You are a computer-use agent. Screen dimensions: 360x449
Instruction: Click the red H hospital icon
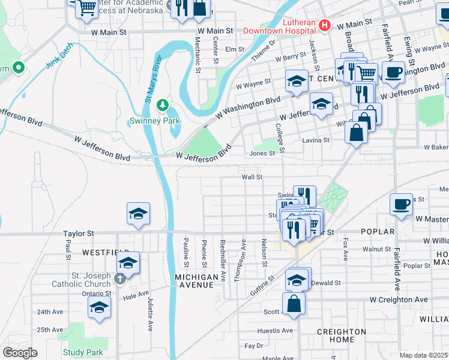pyautogui.click(x=325, y=25)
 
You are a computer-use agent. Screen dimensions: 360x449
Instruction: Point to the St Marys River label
pyautogui.click(x=154, y=79)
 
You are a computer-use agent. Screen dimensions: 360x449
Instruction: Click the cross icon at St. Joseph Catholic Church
pyautogui.click(x=120, y=278)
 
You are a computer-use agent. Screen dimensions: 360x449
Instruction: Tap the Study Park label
pyautogui.click(x=83, y=353)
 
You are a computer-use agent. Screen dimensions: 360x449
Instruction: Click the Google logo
pyautogui.click(x=20, y=353)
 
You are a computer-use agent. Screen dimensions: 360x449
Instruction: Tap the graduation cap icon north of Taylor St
pyautogui.click(x=138, y=214)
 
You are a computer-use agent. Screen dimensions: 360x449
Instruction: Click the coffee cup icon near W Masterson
pyautogui.click(x=402, y=205)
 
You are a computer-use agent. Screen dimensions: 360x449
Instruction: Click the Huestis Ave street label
pyautogui.click(x=274, y=331)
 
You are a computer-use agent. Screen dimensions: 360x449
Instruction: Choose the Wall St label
pyautogui.click(x=252, y=177)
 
